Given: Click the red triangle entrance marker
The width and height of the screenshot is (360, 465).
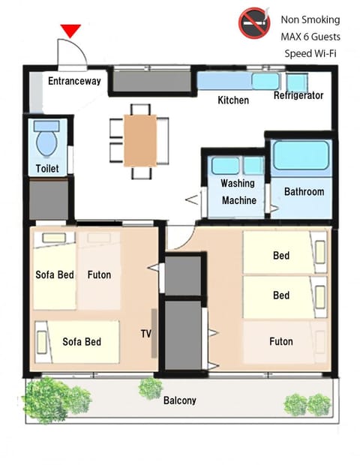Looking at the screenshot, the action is tap(70, 31).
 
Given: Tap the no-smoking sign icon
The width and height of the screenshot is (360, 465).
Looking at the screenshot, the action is tap(254, 22).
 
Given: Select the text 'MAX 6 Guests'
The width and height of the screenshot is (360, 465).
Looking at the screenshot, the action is tap(310, 37).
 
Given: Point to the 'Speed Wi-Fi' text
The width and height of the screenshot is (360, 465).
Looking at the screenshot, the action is tap(310, 53).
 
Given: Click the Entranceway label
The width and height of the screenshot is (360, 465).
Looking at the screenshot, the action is tap(74, 81).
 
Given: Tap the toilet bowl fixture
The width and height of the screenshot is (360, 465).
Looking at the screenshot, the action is tap(46, 138).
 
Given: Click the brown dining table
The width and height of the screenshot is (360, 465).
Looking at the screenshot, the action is tap(140, 140).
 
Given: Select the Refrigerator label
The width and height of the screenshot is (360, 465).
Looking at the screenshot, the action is tap(298, 95).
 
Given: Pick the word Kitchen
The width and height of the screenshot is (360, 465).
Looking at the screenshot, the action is tap(233, 100).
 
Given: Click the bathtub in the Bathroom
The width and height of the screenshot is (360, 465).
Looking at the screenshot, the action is tap(301, 155).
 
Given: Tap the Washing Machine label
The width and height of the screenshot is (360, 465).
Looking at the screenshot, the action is tap(238, 191).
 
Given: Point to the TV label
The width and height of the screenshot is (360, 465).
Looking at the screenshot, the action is tap(146, 334).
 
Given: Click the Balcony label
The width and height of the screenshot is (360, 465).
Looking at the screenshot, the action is tap(180, 400).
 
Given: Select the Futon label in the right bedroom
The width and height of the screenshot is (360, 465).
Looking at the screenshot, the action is tap(281, 341).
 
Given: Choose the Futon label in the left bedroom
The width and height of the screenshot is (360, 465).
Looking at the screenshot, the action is tap(99, 274).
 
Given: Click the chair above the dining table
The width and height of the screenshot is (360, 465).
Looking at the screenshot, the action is tap(140, 109).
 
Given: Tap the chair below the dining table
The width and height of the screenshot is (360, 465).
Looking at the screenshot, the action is tap(142, 173).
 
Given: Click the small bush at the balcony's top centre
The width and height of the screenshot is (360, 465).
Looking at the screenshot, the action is tap(151, 388).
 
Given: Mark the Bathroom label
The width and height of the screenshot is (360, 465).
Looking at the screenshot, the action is tap(304, 191).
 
